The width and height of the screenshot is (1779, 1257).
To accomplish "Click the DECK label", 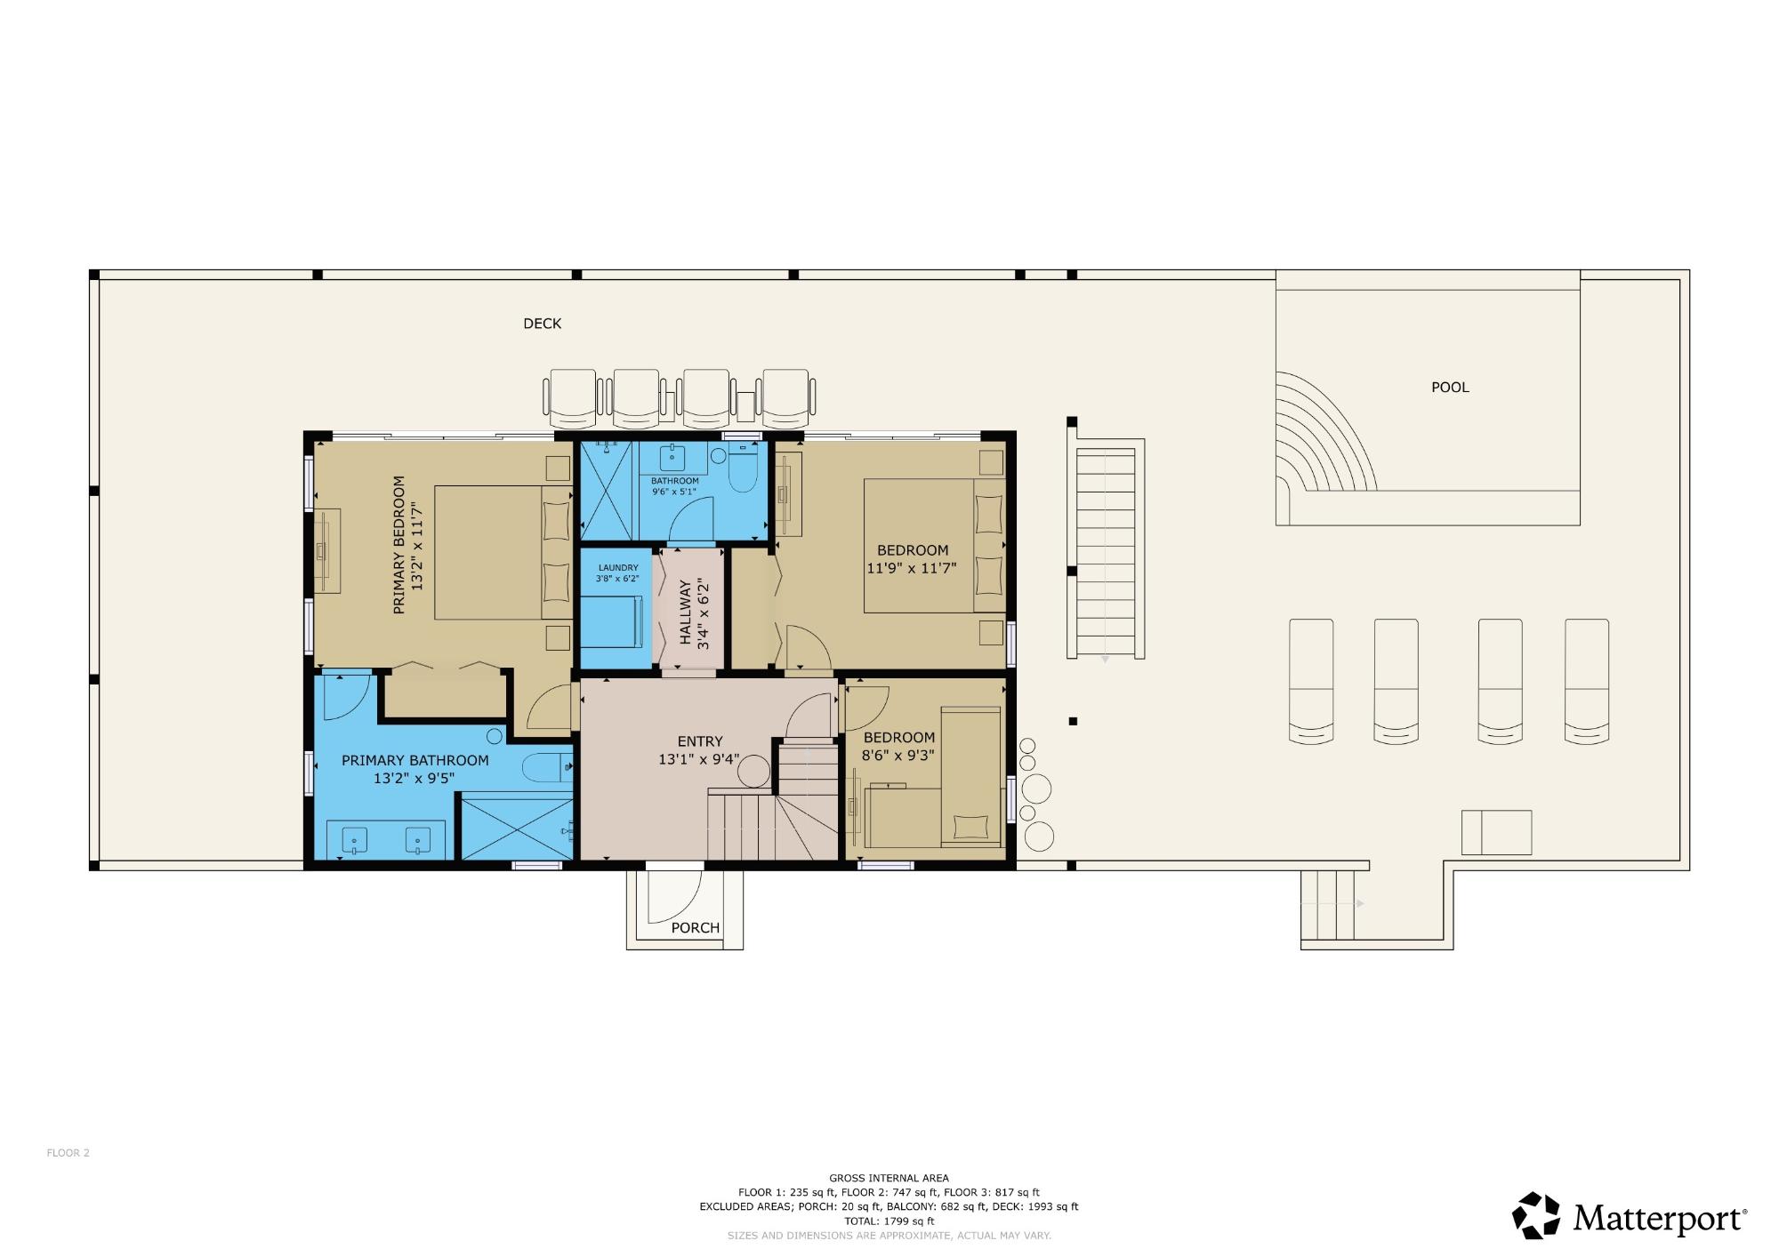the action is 542,324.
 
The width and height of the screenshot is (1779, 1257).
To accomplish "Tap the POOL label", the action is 1450,387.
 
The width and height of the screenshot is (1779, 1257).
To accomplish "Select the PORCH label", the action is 696,927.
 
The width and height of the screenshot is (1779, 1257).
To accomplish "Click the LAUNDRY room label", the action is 618,568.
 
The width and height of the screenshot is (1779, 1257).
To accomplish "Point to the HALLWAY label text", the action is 686,612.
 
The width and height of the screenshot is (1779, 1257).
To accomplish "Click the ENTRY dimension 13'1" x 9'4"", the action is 699,759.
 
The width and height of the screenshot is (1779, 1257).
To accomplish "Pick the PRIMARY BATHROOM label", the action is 415,760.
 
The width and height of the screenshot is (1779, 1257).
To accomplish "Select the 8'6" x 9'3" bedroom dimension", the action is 898,756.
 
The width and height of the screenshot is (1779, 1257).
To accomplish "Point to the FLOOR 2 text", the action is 68,1153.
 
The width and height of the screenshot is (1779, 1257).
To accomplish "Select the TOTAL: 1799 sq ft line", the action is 889,1221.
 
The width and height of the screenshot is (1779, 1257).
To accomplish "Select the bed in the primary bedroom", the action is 503,552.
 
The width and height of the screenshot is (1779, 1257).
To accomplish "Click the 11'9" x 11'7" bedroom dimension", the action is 912,568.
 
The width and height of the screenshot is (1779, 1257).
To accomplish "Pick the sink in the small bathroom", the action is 673,459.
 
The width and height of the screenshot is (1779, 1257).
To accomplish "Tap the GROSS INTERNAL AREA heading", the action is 889,1178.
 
